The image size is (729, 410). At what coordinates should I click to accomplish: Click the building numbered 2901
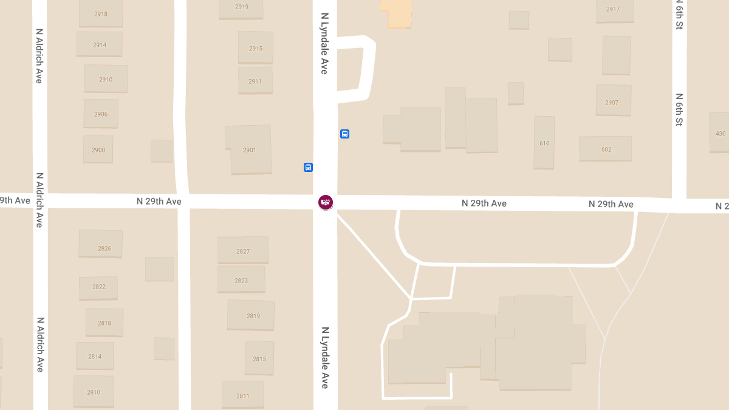click(249, 150)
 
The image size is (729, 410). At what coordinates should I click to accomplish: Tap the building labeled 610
click(544, 143)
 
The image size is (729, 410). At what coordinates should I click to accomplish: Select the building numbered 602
click(605, 149)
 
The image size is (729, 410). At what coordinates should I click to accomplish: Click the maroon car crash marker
click(326, 202)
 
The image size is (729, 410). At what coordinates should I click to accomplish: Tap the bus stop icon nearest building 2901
click(308, 167)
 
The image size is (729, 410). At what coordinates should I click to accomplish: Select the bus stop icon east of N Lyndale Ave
click(344, 134)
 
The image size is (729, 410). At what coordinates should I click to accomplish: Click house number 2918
click(101, 13)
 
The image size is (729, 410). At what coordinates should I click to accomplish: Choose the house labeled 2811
click(242, 395)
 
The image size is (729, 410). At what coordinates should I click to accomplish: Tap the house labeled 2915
click(256, 48)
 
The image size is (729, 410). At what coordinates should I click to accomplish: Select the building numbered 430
click(719, 133)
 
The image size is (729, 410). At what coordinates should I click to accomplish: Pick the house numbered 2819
click(251, 315)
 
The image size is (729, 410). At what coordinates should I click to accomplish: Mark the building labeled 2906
click(101, 114)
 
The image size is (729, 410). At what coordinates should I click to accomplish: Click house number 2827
click(243, 250)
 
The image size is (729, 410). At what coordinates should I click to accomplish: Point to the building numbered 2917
click(614, 10)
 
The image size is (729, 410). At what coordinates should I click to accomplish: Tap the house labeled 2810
click(94, 392)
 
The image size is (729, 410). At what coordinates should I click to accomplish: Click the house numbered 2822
click(98, 287)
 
